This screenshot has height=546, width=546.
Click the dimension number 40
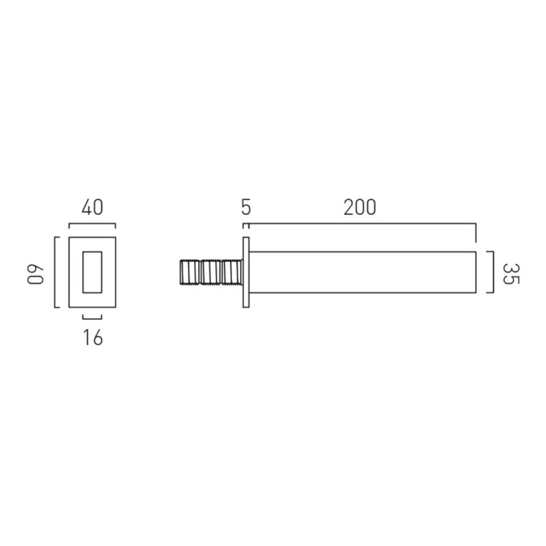[x=92, y=207]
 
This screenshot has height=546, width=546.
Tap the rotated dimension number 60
[x=35, y=275]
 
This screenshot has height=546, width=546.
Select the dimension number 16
[x=93, y=337]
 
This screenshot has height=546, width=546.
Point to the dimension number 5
[x=246, y=207]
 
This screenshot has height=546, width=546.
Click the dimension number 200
[x=360, y=207]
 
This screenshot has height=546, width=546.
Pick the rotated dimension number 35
[x=511, y=274]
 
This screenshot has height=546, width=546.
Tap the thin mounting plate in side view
[x=246, y=272]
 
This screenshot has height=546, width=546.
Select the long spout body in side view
[x=362, y=272]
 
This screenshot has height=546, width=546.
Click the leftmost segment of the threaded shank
[x=190, y=272]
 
